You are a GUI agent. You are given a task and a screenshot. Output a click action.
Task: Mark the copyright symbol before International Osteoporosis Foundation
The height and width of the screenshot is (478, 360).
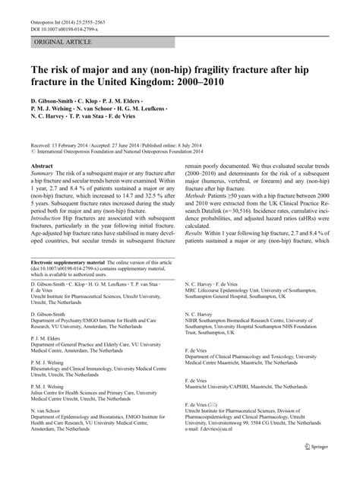(x=33, y=150)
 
